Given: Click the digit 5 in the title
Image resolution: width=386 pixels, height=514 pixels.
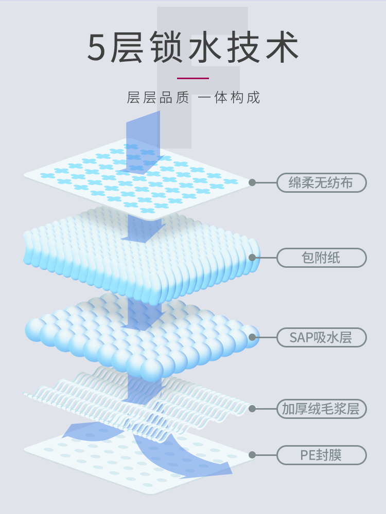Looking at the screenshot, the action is (97, 48).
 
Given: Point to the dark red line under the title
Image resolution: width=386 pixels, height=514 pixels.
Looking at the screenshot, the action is (192, 78).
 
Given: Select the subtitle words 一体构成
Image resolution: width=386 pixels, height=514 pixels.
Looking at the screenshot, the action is (229, 97).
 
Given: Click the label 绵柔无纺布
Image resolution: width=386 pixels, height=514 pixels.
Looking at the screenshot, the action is (321, 183).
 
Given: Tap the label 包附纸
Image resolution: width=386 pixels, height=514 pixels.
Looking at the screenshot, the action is (321, 258).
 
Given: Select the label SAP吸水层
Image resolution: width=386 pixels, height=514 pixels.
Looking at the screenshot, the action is (321, 338).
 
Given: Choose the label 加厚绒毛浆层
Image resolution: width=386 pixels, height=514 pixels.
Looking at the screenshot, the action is (321, 409).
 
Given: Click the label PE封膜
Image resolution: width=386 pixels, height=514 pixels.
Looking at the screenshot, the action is (321, 455).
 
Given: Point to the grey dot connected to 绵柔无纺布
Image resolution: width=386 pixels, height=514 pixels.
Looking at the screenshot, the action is (252, 182).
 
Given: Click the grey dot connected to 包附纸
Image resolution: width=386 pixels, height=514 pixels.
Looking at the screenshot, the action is (252, 258).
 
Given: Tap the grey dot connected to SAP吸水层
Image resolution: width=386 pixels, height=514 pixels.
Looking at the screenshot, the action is (252, 337).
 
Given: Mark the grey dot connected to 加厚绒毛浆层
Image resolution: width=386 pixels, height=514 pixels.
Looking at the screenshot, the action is (252, 409).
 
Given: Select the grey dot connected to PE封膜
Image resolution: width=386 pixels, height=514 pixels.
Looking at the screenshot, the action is (252, 455).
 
